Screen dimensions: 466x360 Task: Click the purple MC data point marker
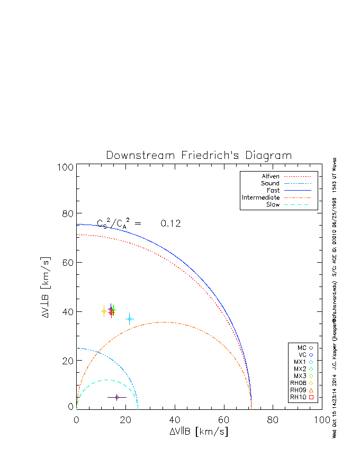click(x=116, y=397)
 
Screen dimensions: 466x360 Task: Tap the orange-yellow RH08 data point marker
click(x=104, y=311)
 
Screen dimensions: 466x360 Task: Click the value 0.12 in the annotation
click(x=171, y=224)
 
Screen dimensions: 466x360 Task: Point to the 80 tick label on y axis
click(x=66, y=213)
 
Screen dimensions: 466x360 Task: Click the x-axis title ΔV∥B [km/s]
click(x=199, y=432)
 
